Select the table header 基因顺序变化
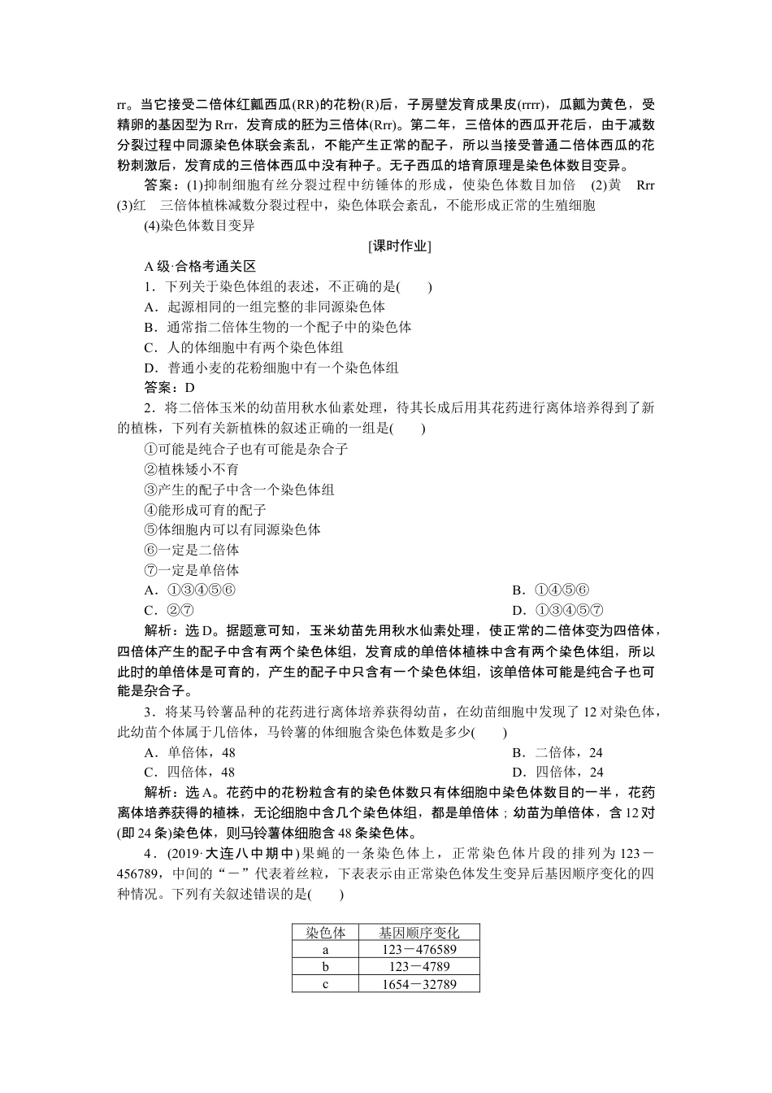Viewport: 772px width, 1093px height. [419, 933]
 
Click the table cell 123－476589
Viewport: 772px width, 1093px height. [419, 950]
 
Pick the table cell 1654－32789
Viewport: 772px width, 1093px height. [419, 984]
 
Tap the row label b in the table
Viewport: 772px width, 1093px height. [325, 967]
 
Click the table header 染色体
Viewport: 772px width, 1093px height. [325, 933]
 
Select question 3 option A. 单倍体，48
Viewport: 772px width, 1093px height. [189, 752]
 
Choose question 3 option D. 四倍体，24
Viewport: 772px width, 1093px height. [557, 772]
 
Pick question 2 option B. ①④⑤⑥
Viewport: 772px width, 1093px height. [550, 590]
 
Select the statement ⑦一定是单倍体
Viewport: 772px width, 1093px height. [192, 570]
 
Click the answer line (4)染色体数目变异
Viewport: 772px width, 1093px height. [199, 225]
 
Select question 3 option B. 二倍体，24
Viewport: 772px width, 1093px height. [557, 752]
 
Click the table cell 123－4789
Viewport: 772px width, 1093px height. [419, 967]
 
